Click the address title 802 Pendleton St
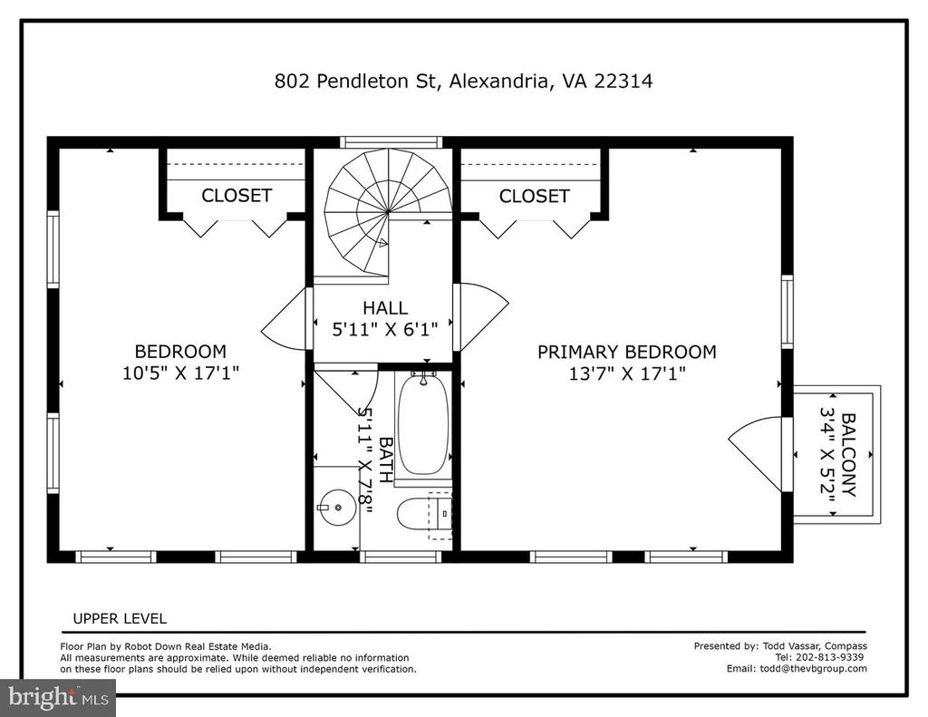click(x=355, y=81)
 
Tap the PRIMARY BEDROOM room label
click(x=627, y=352)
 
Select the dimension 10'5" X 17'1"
click(x=180, y=373)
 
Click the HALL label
click(x=384, y=308)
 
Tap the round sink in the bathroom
click(x=337, y=508)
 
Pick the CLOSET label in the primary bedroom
click(x=534, y=196)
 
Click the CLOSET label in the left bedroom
click(x=237, y=196)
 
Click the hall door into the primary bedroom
click(x=480, y=317)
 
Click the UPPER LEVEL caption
click(x=120, y=619)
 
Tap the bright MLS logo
click(x=58, y=697)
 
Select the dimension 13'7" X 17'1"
click(x=627, y=373)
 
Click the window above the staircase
click(x=391, y=142)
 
